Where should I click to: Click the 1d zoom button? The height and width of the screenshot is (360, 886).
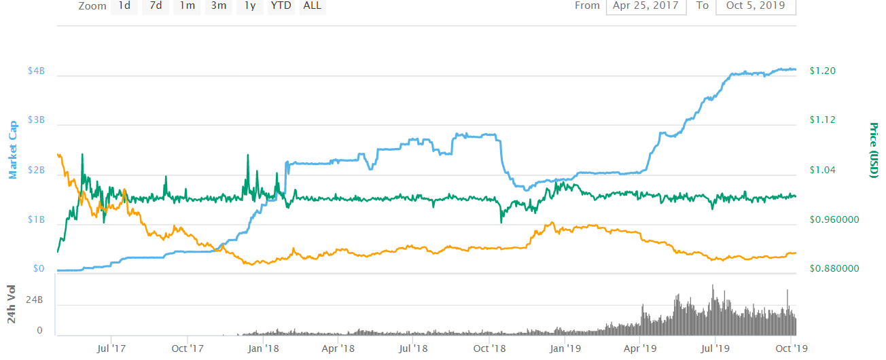(x=124, y=6)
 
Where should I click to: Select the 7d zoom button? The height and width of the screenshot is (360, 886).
(x=156, y=6)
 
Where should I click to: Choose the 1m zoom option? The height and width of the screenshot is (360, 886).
(x=187, y=6)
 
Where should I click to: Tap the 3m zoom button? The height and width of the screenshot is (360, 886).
(x=218, y=6)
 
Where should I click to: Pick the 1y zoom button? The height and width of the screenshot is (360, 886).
(x=249, y=6)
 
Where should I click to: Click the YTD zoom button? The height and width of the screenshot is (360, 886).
(x=281, y=6)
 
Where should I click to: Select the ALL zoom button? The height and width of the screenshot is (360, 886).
(x=313, y=6)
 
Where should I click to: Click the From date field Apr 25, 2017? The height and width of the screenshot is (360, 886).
(x=646, y=5)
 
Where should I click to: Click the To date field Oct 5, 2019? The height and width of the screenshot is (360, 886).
(x=756, y=5)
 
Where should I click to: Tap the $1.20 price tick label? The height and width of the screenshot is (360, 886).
(x=823, y=71)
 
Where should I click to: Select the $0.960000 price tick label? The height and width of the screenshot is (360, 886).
(x=834, y=220)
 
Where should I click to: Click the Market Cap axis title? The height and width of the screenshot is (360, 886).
(x=13, y=151)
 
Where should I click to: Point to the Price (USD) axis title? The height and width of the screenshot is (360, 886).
(x=874, y=151)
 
